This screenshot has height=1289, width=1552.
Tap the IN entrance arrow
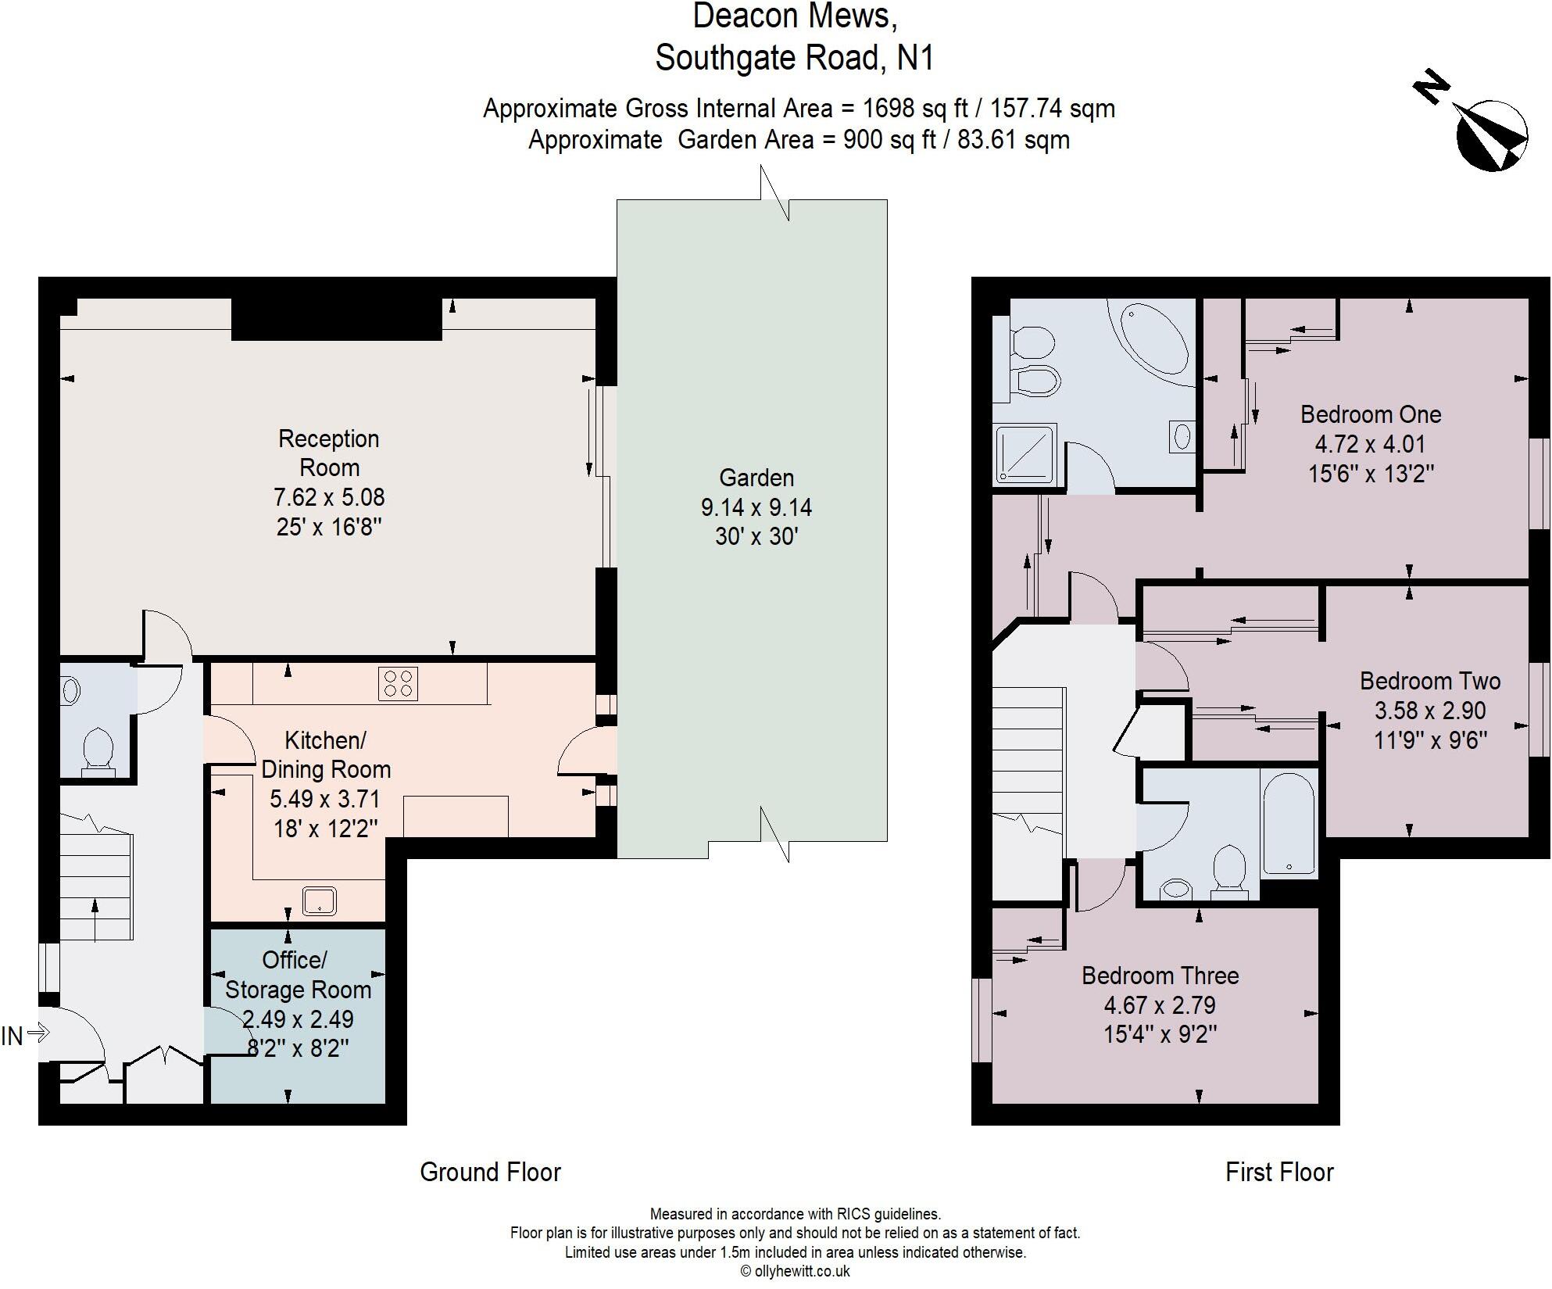point(38,1034)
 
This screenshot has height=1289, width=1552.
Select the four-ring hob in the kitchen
point(398,683)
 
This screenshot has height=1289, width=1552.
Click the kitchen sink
point(320,901)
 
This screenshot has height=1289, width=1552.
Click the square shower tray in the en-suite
point(1025,453)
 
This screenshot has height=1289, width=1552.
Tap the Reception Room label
point(329,453)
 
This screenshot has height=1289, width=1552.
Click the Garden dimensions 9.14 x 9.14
point(756,507)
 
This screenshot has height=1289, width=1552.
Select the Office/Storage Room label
point(297,975)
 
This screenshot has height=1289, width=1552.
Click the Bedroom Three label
point(1160,976)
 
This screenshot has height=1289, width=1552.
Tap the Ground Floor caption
point(490,1172)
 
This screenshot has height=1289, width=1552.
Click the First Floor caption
point(1278,1172)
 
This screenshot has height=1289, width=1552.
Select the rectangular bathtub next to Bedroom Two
point(1289,822)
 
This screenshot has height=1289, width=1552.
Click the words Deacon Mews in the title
point(794,17)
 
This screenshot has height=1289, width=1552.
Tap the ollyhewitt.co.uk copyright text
point(795,1271)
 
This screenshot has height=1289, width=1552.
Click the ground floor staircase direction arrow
point(95,919)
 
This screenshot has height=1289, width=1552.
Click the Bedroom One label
point(1370,414)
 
